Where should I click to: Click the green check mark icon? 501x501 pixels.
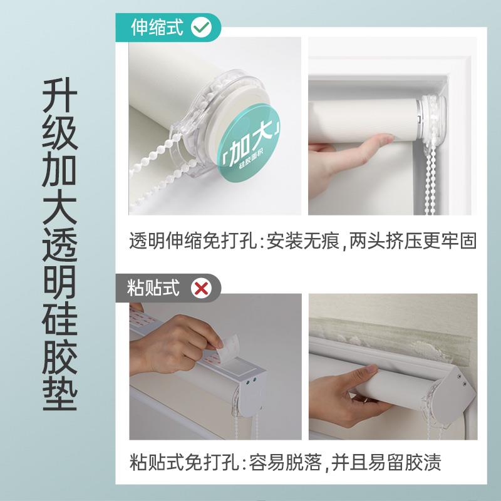202,28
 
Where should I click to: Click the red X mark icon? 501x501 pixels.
201,288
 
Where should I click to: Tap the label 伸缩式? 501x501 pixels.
157,28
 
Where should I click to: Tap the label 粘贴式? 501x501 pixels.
153,288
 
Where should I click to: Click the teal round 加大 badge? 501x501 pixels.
249,140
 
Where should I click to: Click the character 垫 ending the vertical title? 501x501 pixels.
59,393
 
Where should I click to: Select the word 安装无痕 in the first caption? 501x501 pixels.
302,240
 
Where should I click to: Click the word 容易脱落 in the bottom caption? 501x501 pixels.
285,462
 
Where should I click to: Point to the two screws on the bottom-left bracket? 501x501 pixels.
252,381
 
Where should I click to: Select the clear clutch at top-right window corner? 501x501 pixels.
433,119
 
